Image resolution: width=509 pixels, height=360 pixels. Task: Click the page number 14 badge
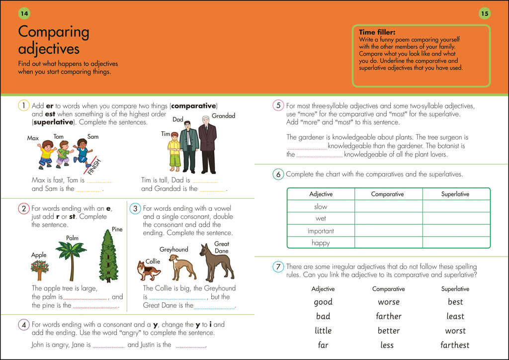(23, 13)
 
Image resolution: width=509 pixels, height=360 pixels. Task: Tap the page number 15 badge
(485, 13)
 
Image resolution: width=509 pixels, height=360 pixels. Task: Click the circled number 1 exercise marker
(23, 105)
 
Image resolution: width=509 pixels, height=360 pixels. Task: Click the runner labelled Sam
(83, 152)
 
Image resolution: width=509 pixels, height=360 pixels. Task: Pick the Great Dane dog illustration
(217, 262)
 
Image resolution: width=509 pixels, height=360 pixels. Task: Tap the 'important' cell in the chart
(321, 231)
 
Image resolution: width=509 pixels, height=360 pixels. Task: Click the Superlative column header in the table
(455, 194)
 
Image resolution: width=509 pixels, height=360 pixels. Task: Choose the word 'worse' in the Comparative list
(389, 302)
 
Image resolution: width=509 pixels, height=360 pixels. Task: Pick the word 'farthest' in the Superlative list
(455, 345)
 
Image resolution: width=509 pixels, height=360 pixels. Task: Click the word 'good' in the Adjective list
(323, 302)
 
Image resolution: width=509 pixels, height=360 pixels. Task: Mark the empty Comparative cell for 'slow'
(388, 206)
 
